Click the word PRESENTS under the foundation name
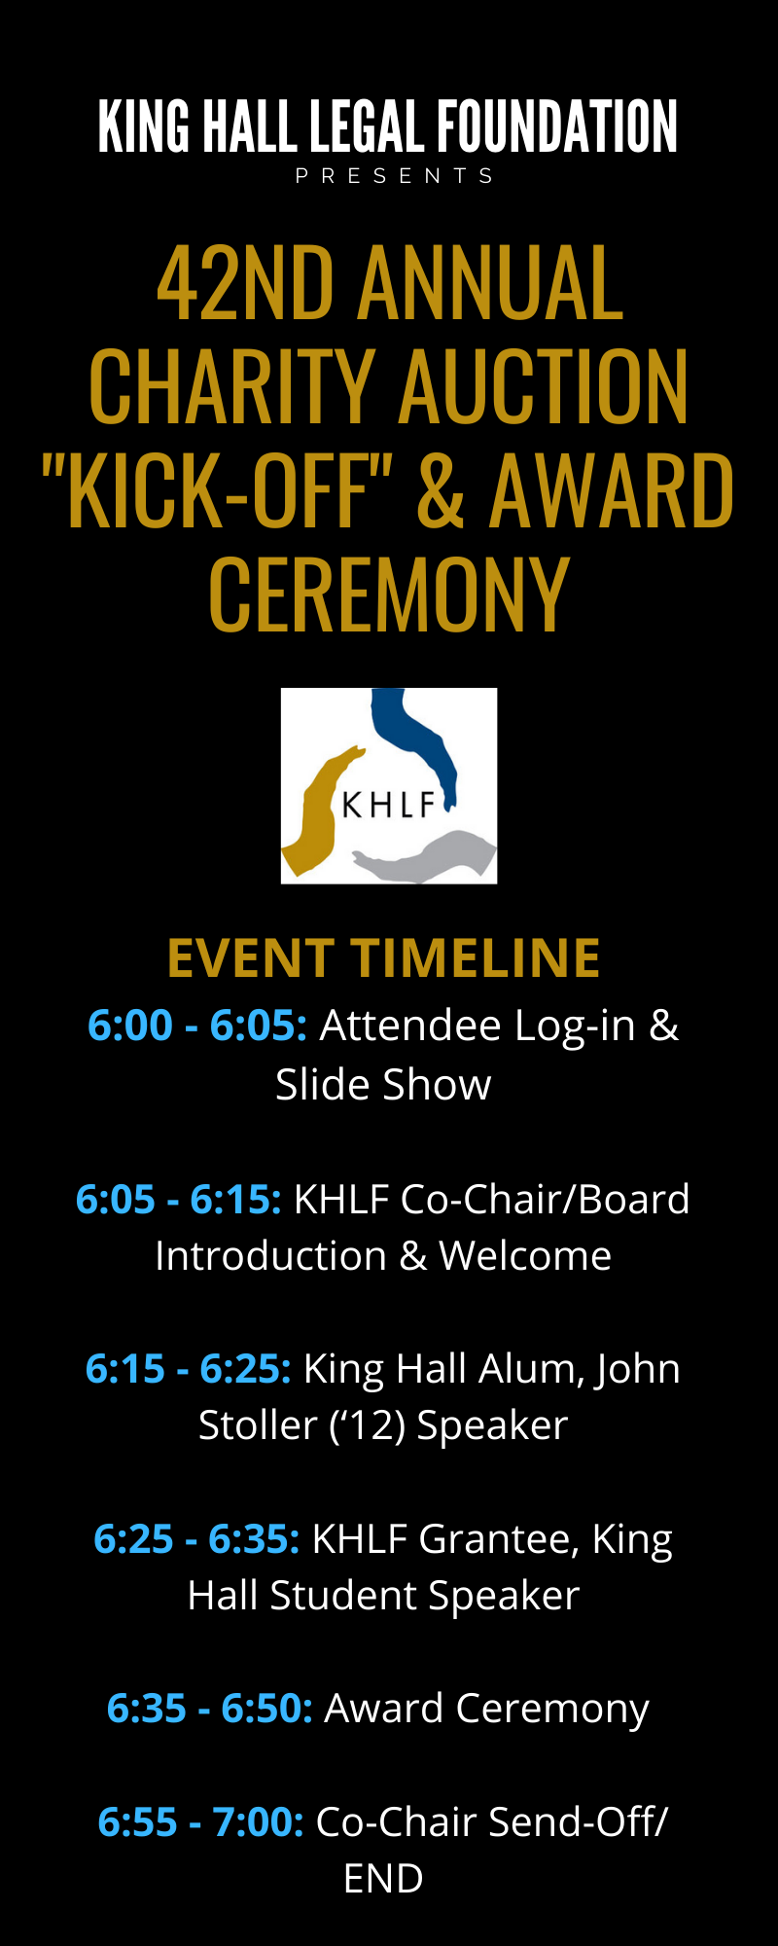(x=395, y=176)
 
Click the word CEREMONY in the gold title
(x=389, y=595)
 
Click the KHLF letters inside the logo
(x=388, y=806)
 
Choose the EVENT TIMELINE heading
(x=384, y=958)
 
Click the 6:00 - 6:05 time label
(x=197, y=1026)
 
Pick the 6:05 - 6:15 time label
(x=179, y=1200)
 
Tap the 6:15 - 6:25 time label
(x=189, y=1369)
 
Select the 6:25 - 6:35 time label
(x=196, y=1539)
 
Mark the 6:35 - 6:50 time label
(x=210, y=1709)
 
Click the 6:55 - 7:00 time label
(x=201, y=1822)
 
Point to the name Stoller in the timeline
(x=258, y=1425)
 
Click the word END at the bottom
(x=383, y=1879)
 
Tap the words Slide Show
(x=383, y=1085)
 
